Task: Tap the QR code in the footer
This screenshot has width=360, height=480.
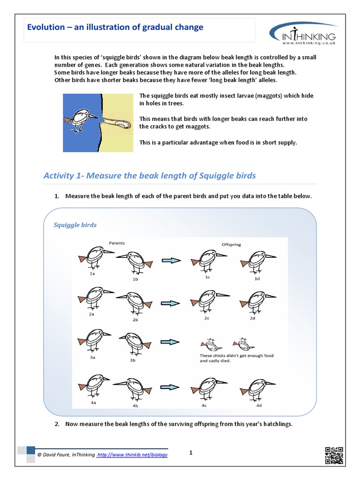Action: pyautogui.click(x=334, y=456)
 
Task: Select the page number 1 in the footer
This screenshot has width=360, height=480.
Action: pyautogui.click(x=191, y=452)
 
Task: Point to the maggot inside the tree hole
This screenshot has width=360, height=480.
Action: pyautogui.click(x=123, y=124)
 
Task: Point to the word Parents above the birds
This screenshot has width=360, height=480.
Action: pyautogui.click(x=117, y=243)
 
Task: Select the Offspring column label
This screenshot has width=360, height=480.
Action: pyautogui.click(x=231, y=244)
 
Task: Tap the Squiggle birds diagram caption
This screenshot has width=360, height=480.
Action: pyautogui.click(x=75, y=225)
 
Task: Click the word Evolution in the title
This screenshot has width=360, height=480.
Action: pyautogui.click(x=45, y=27)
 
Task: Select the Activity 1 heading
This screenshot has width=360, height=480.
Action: pyautogui.click(x=150, y=176)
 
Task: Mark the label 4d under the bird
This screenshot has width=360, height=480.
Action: pyautogui.click(x=259, y=405)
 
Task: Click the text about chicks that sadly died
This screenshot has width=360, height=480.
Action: pyautogui.click(x=236, y=358)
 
